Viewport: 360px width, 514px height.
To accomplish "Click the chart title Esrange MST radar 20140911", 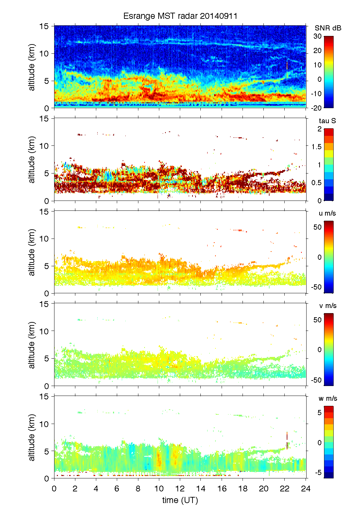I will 180,16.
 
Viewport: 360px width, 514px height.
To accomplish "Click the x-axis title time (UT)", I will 180,500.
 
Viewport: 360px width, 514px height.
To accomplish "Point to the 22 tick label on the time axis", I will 285,488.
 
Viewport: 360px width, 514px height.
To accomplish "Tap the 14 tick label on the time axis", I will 201,488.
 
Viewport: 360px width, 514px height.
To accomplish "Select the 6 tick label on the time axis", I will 117,488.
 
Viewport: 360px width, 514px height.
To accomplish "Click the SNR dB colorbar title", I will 328,28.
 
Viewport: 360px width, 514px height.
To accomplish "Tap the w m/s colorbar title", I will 328,398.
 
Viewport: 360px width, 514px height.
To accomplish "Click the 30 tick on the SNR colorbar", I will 318,36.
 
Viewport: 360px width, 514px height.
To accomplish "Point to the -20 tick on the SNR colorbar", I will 316,108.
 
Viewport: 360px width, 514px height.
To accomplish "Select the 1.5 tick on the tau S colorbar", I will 316,147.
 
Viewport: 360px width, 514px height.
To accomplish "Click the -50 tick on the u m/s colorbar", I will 316,287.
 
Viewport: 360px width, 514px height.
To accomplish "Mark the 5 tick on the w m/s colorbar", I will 319,413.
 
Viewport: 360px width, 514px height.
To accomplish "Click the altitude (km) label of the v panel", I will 32,345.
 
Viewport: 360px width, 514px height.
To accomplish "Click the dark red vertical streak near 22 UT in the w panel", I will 287,440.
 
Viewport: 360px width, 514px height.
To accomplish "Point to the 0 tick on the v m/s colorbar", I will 319,350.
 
